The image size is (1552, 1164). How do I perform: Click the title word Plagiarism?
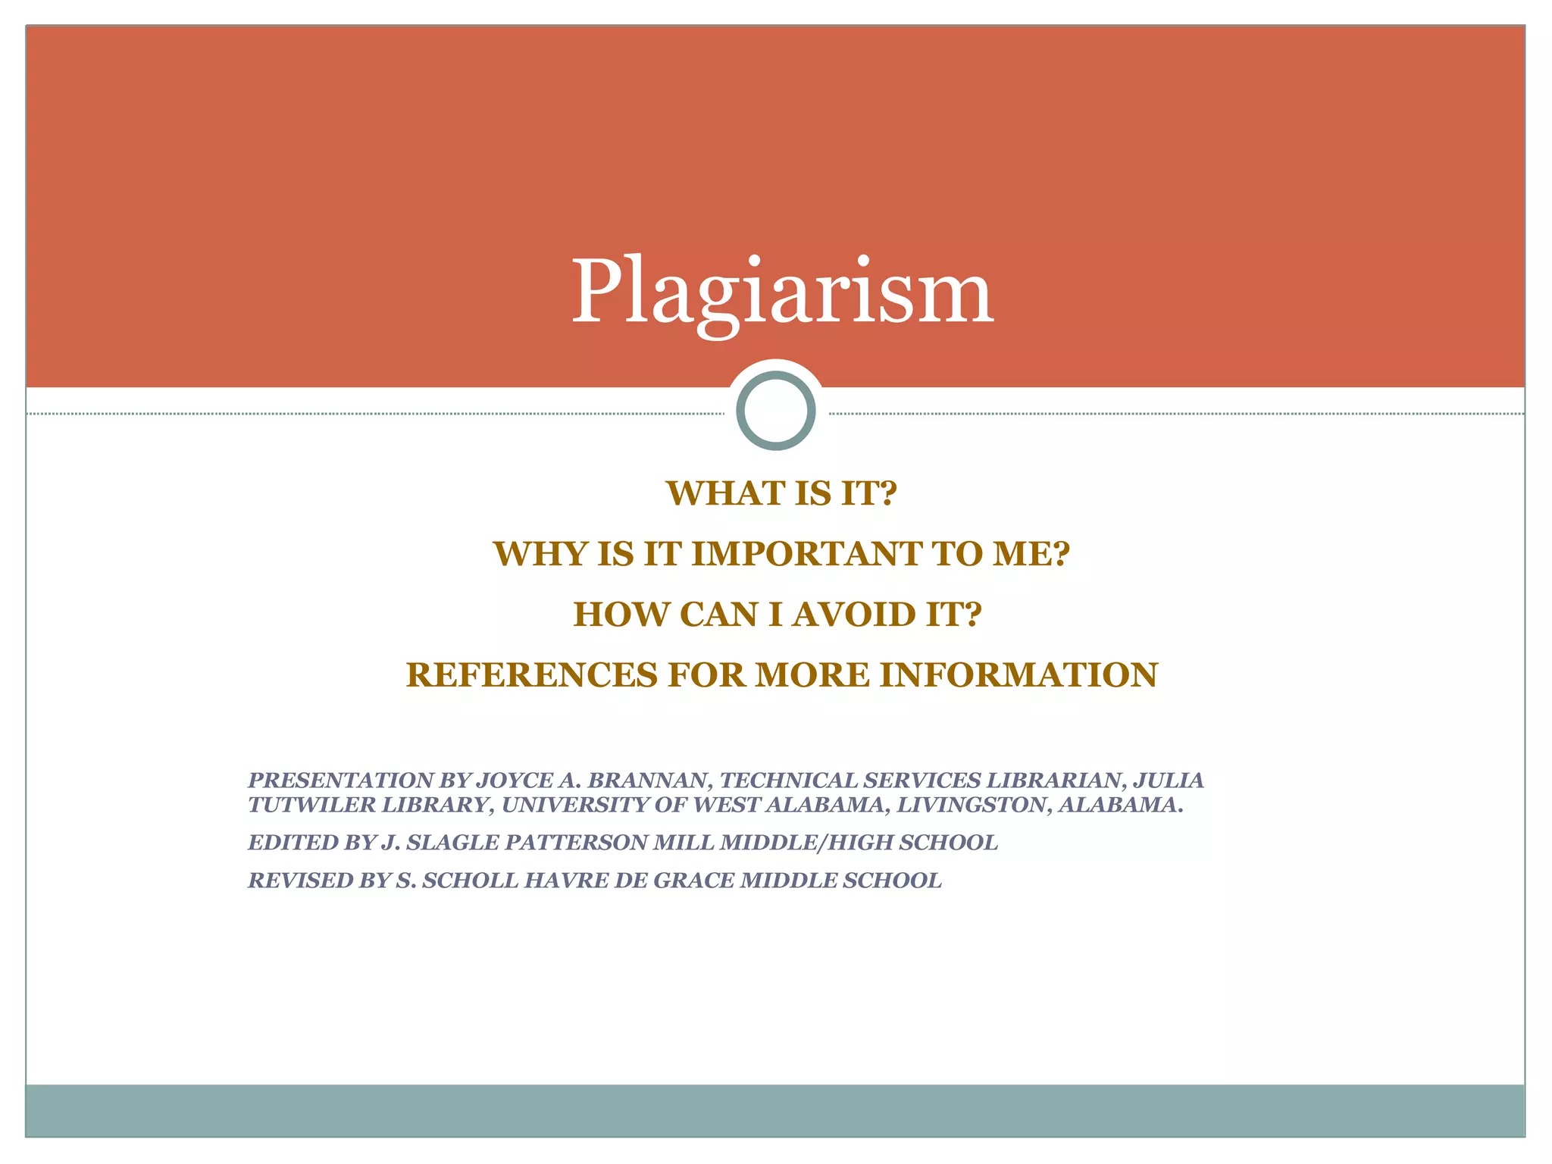pyautogui.click(x=781, y=293)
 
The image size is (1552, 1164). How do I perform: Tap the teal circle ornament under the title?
pyautogui.click(x=775, y=411)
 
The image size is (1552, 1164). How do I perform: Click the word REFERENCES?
pyautogui.click(x=531, y=675)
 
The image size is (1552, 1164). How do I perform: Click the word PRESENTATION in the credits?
pyautogui.click(x=341, y=780)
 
